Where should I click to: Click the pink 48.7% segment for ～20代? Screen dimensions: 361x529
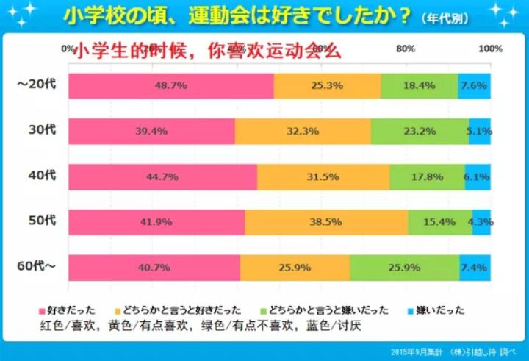tap(170, 86)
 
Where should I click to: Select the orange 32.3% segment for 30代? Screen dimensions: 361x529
tap(303, 132)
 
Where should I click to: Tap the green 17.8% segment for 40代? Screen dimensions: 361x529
tap(427, 176)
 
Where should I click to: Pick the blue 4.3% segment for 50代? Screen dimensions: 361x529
tap(481, 222)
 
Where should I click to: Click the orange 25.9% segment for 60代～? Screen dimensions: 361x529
tap(295, 268)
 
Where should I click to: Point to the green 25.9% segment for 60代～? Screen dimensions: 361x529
tap(404, 268)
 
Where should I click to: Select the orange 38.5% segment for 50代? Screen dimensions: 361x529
tap(326, 222)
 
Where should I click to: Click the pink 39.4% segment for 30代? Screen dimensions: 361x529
tap(151, 132)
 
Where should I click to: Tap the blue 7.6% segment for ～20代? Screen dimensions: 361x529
tap(474, 86)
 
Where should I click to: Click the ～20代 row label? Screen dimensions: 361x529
tap(34, 85)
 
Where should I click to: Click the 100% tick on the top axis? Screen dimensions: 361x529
tap(490, 49)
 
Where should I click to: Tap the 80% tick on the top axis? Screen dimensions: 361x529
tap(405, 49)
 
